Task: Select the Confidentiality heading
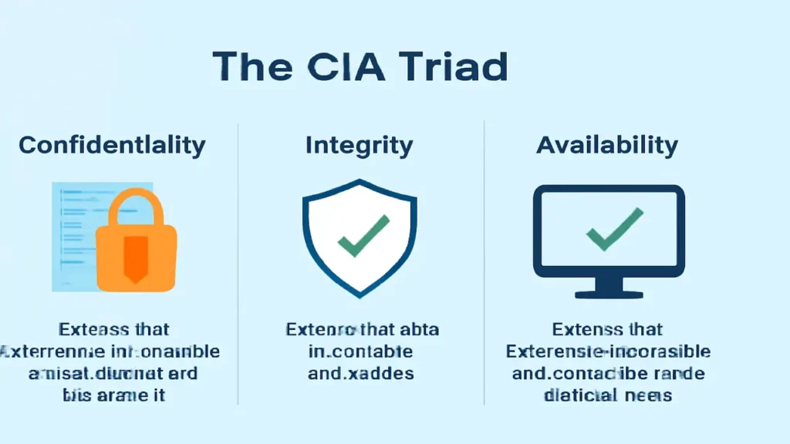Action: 112,145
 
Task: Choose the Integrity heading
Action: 359,145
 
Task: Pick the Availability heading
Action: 607,145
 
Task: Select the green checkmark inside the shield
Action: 363,236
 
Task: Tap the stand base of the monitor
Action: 609,294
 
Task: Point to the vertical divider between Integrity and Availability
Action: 484,262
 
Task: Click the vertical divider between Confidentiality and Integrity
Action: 238,262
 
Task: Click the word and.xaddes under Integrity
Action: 361,374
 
